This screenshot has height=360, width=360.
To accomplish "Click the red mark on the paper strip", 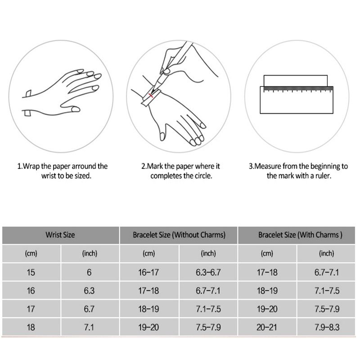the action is click(x=151, y=95).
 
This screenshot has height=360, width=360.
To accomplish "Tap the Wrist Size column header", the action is click(x=61, y=235).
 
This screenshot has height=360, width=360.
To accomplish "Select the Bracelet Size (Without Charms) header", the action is click(x=179, y=235).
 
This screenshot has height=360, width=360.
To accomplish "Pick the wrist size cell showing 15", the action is click(x=31, y=272).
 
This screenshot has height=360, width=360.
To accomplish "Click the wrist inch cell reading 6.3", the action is click(x=89, y=291).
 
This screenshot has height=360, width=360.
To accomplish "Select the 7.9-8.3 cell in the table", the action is click(x=326, y=327).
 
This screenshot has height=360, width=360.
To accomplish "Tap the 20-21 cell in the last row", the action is click(x=267, y=327).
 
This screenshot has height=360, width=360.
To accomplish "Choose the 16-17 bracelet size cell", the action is click(x=149, y=272).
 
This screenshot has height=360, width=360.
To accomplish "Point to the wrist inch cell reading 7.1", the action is click(x=89, y=327).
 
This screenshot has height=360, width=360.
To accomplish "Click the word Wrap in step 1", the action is click(x=31, y=166).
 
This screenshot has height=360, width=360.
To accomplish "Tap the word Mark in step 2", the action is click(x=155, y=166).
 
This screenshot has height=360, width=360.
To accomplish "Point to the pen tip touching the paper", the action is click(x=153, y=92).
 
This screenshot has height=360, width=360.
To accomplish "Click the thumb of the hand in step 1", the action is click(x=70, y=108).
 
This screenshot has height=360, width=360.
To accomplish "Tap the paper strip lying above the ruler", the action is click(x=296, y=81).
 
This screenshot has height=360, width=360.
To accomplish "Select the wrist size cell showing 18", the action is click(x=31, y=327).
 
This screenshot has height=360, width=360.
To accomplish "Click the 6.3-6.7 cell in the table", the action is click(x=208, y=272).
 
